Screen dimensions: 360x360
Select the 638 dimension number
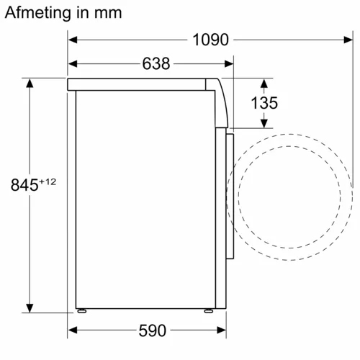tap(156, 64)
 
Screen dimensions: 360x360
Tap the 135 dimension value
tap(264, 103)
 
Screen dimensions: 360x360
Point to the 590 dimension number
tap(152, 330)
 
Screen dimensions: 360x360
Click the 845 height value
tap(24, 185)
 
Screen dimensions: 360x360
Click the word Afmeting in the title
tap(40, 12)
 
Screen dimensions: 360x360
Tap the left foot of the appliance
tap(83, 311)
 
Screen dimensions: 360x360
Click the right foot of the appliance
tap(209, 311)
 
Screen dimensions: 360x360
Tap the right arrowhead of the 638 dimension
tap(230, 64)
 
